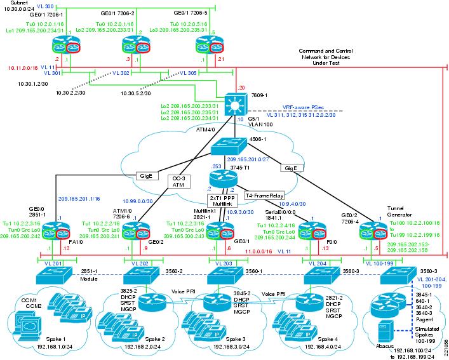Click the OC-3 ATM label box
179,182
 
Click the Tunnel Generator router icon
370,231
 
